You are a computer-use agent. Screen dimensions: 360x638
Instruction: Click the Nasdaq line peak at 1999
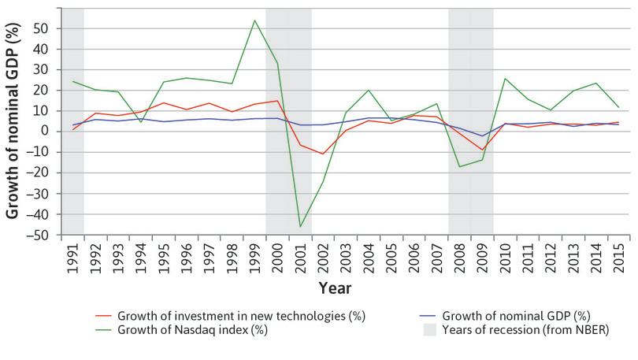(254, 20)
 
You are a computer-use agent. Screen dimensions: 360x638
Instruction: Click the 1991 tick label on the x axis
(72, 256)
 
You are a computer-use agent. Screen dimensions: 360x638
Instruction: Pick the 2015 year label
(620, 256)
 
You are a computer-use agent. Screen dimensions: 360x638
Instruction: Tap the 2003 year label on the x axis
(347, 256)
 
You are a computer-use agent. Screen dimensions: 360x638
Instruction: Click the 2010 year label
(506, 256)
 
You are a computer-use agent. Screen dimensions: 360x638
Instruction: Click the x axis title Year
(335, 288)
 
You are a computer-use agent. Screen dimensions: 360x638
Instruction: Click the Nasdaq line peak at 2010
(505, 79)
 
